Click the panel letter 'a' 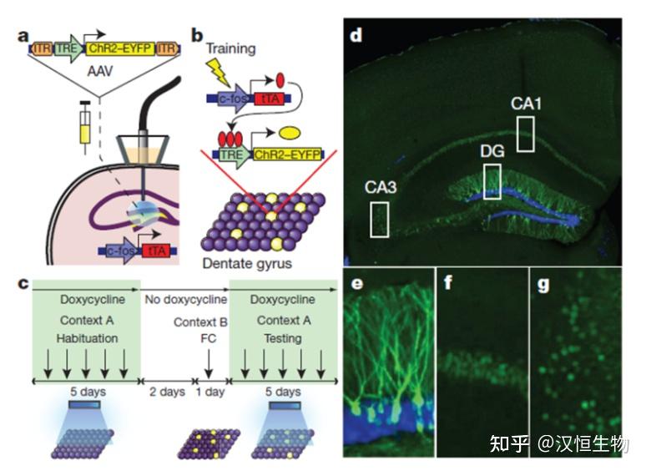pos(23,36)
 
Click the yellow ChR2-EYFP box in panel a pos(120,48)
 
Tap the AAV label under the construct pos(99,71)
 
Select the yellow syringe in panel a pos(85,128)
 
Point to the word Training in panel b pos(230,49)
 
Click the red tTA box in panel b pos(270,99)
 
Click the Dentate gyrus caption pos(247,264)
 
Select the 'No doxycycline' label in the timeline pos(186,300)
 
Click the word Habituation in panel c pos(87,338)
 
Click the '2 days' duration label pos(167,392)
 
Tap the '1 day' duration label pos(210,392)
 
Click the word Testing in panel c pos(283,338)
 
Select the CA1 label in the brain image pos(526,104)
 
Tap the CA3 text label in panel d pos(381,188)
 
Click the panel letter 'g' pos(544,285)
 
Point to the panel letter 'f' pos(448,282)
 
